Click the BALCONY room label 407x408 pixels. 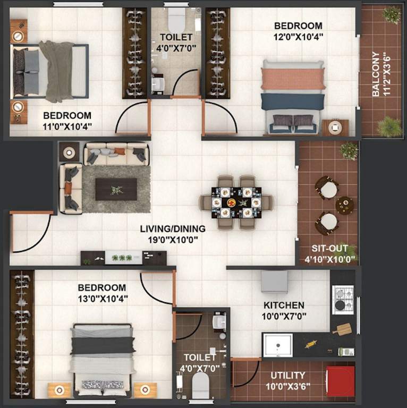click(375, 73)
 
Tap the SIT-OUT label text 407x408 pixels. click(330, 248)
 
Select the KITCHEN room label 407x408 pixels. click(284, 305)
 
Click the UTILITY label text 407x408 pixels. click(287, 375)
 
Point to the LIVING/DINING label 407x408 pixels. click(173, 229)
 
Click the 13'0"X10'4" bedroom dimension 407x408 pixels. click(103, 298)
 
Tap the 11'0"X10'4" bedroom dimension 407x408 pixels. click(67, 126)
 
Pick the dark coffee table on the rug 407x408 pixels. click(116, 189)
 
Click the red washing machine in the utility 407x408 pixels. click(340, 381)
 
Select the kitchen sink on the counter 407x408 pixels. click(277, 345)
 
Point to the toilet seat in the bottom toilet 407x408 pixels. click(200, 384)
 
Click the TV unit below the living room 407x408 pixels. click(123, 258)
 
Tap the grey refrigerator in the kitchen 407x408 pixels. click(275, 282)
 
